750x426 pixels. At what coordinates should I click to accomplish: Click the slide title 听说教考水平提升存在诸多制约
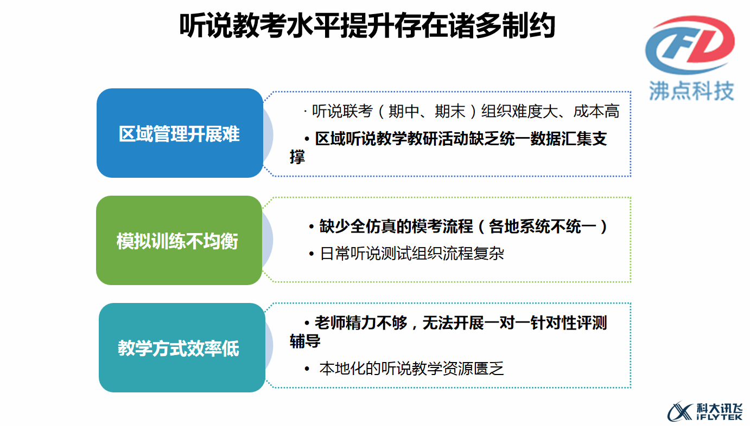pyautogui.click(x=367, y=26)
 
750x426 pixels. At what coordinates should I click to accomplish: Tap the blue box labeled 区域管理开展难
pyautogui.click(x=180, y=133)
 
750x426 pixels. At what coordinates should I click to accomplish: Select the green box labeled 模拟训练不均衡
pyautogui.click(x=179, y=241)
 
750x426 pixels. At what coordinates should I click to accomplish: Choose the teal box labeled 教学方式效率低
pyautogui.click(x=182, y=348)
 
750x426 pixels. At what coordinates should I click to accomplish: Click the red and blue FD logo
pyautogui.click(x=690, y=44)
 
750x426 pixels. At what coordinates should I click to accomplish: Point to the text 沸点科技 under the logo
pyautogui.click(x=692, y=91)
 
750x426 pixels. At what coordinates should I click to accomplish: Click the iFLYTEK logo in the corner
pyautogui.click(x=705, y=412)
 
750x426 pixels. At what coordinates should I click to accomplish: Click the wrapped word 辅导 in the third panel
pyautogui.click(x=305, y=341)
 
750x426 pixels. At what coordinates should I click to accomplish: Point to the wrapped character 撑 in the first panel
pyautogui.click(x=297, y=157)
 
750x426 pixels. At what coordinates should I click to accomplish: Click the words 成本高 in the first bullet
pyautogui.click(x=596, y=111)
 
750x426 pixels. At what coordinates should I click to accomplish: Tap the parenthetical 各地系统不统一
pyautogui.click(x=542, y=227)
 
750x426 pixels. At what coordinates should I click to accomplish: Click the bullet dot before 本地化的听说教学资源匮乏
pyautogui.click(x=307, y=369)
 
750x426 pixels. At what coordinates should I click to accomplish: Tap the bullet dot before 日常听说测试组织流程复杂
pyautogui.click(x=312, y=254)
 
